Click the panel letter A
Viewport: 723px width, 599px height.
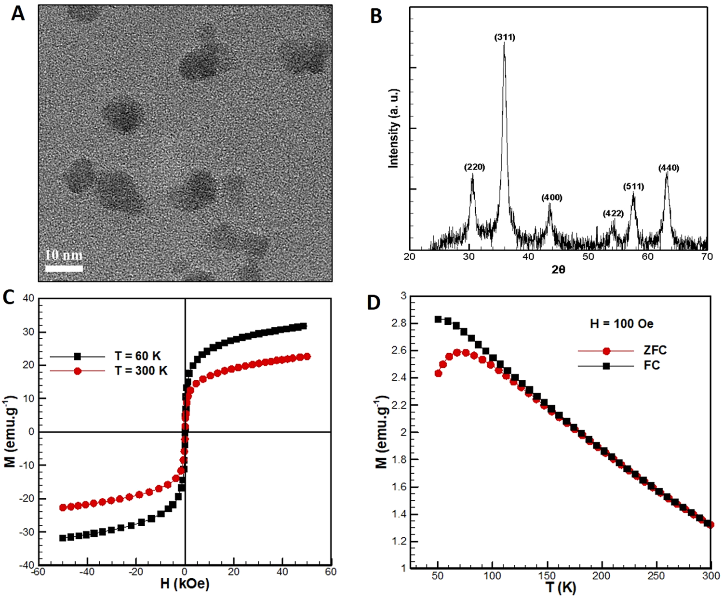[x=18, y=13]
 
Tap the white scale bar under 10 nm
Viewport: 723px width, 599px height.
[x=64, y=268]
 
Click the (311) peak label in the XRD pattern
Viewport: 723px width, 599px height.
[x=505, y=37]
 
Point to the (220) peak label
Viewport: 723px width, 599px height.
[x=474, y=167]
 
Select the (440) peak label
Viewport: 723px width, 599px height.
[x=669, y=168]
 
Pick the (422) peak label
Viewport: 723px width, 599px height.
[x=613, y=213]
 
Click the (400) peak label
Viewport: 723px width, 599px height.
[x=551, y=198]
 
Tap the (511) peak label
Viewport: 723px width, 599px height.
[x=633, y=186]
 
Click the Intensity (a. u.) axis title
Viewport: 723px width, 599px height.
[x=394, y=128]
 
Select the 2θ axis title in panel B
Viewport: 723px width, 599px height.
[x=558, y=270]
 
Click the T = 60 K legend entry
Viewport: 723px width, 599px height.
[x=137, y=356]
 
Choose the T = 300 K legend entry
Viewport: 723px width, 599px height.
[x=141, y=371]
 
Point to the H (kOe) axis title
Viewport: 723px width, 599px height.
[x=185, y=584]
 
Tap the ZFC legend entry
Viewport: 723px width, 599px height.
[x=655, y=350]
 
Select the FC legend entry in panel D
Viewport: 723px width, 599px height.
[x=652, y=366]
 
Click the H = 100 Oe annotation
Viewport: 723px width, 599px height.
[x=621, y=323]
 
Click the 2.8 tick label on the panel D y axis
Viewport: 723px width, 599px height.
[x=399, y=323]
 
